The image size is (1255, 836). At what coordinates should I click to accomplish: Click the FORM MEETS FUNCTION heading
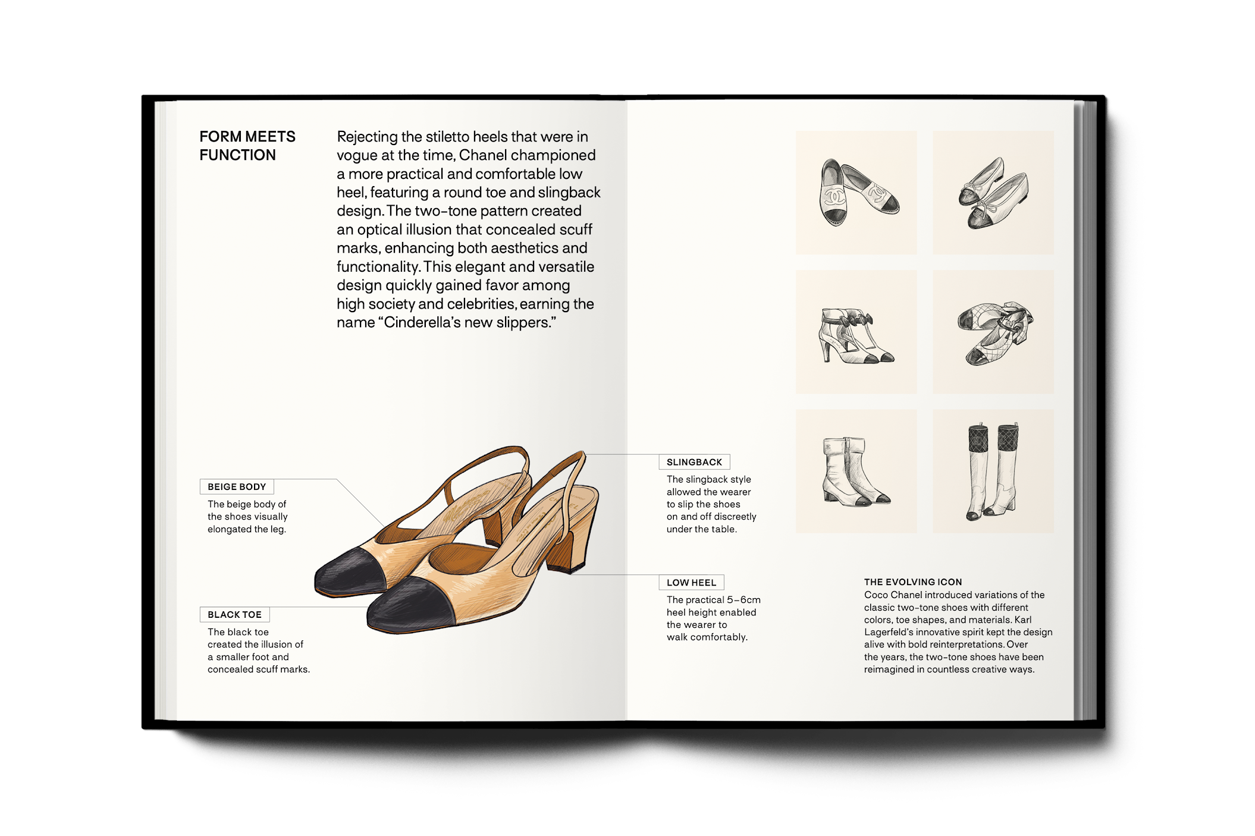[x=247, y=146]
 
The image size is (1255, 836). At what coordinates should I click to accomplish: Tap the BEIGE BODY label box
[x=237, y=487]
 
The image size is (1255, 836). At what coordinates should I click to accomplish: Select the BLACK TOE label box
[x=234, y=614]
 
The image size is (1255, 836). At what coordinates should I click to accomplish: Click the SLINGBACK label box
[x=694, y=462]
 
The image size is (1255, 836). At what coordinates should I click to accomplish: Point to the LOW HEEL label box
[x=691, y=583]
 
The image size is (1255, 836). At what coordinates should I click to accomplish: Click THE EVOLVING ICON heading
[x=913, y=582]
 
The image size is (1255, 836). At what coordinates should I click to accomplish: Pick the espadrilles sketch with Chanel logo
[x=858, y=193]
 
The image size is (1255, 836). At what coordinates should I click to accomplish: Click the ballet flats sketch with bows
[x=993, y=194]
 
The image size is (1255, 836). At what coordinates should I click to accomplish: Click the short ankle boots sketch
[x=855, y=472]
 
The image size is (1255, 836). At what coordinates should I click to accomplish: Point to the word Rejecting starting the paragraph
[x=367, y=137]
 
